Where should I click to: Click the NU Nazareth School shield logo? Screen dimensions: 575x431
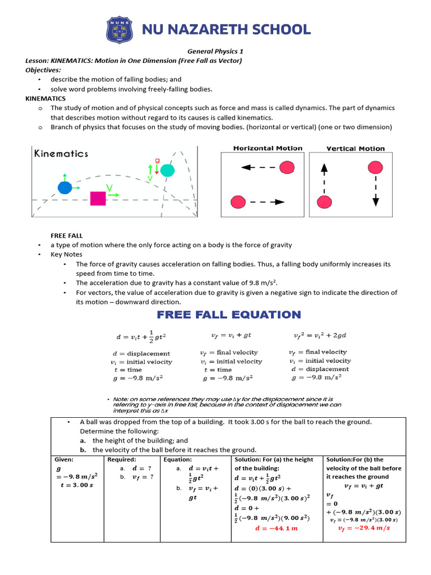point(120,30)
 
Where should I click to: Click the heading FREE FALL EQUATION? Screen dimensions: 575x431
point(228,314)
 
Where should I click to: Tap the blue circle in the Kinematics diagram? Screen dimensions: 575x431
point(65,188)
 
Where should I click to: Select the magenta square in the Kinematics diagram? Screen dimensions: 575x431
point(98,199)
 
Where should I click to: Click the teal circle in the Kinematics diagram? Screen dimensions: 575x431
point(167,170)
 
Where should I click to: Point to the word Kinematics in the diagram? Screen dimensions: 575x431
point(61,153)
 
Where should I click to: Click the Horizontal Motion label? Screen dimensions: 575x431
point(268,148)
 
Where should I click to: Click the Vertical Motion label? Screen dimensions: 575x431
point(355,149)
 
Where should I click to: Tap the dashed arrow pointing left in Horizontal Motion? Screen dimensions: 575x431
point(259,167)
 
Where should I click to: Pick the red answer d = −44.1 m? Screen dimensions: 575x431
point(276,528)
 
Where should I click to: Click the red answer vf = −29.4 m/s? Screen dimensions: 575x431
point(363,528)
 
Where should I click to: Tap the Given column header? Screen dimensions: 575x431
point(63,459)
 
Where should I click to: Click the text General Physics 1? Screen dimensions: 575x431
point(215,51)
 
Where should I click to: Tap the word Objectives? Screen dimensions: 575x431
point(43,70)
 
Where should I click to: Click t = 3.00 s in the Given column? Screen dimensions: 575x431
point(76,485)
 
